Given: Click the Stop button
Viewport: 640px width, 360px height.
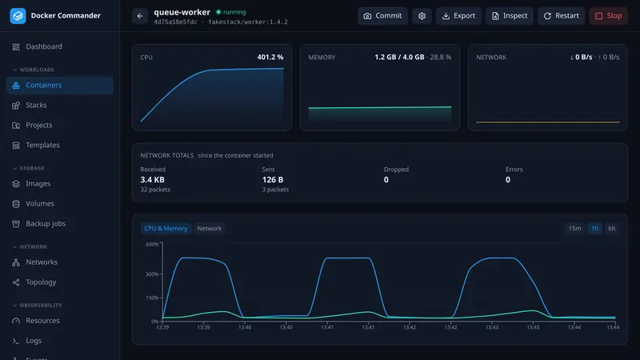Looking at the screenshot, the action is coord(608,16).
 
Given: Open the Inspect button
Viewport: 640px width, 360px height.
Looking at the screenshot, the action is coord(510,16).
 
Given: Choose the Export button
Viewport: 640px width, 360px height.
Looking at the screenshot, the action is coord(458,16).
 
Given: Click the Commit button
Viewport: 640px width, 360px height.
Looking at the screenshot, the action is coord(382,16).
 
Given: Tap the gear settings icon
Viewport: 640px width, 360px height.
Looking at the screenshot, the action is coord(422,16).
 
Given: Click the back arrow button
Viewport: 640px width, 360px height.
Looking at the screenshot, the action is coord(140,16).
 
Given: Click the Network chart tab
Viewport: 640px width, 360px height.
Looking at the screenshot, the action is coord(210,228).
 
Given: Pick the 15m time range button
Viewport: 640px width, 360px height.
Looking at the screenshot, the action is coord(574,228).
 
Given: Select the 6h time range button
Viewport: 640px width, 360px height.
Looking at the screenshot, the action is coord(611,228).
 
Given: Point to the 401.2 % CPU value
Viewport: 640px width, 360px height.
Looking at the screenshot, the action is coord(270,57).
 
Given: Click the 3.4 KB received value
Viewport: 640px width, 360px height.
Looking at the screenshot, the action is coord(152,179).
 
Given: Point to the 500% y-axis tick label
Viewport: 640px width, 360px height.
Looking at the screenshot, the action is coord(152,244).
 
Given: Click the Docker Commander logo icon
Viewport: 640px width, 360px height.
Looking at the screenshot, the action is coord(18,16).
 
